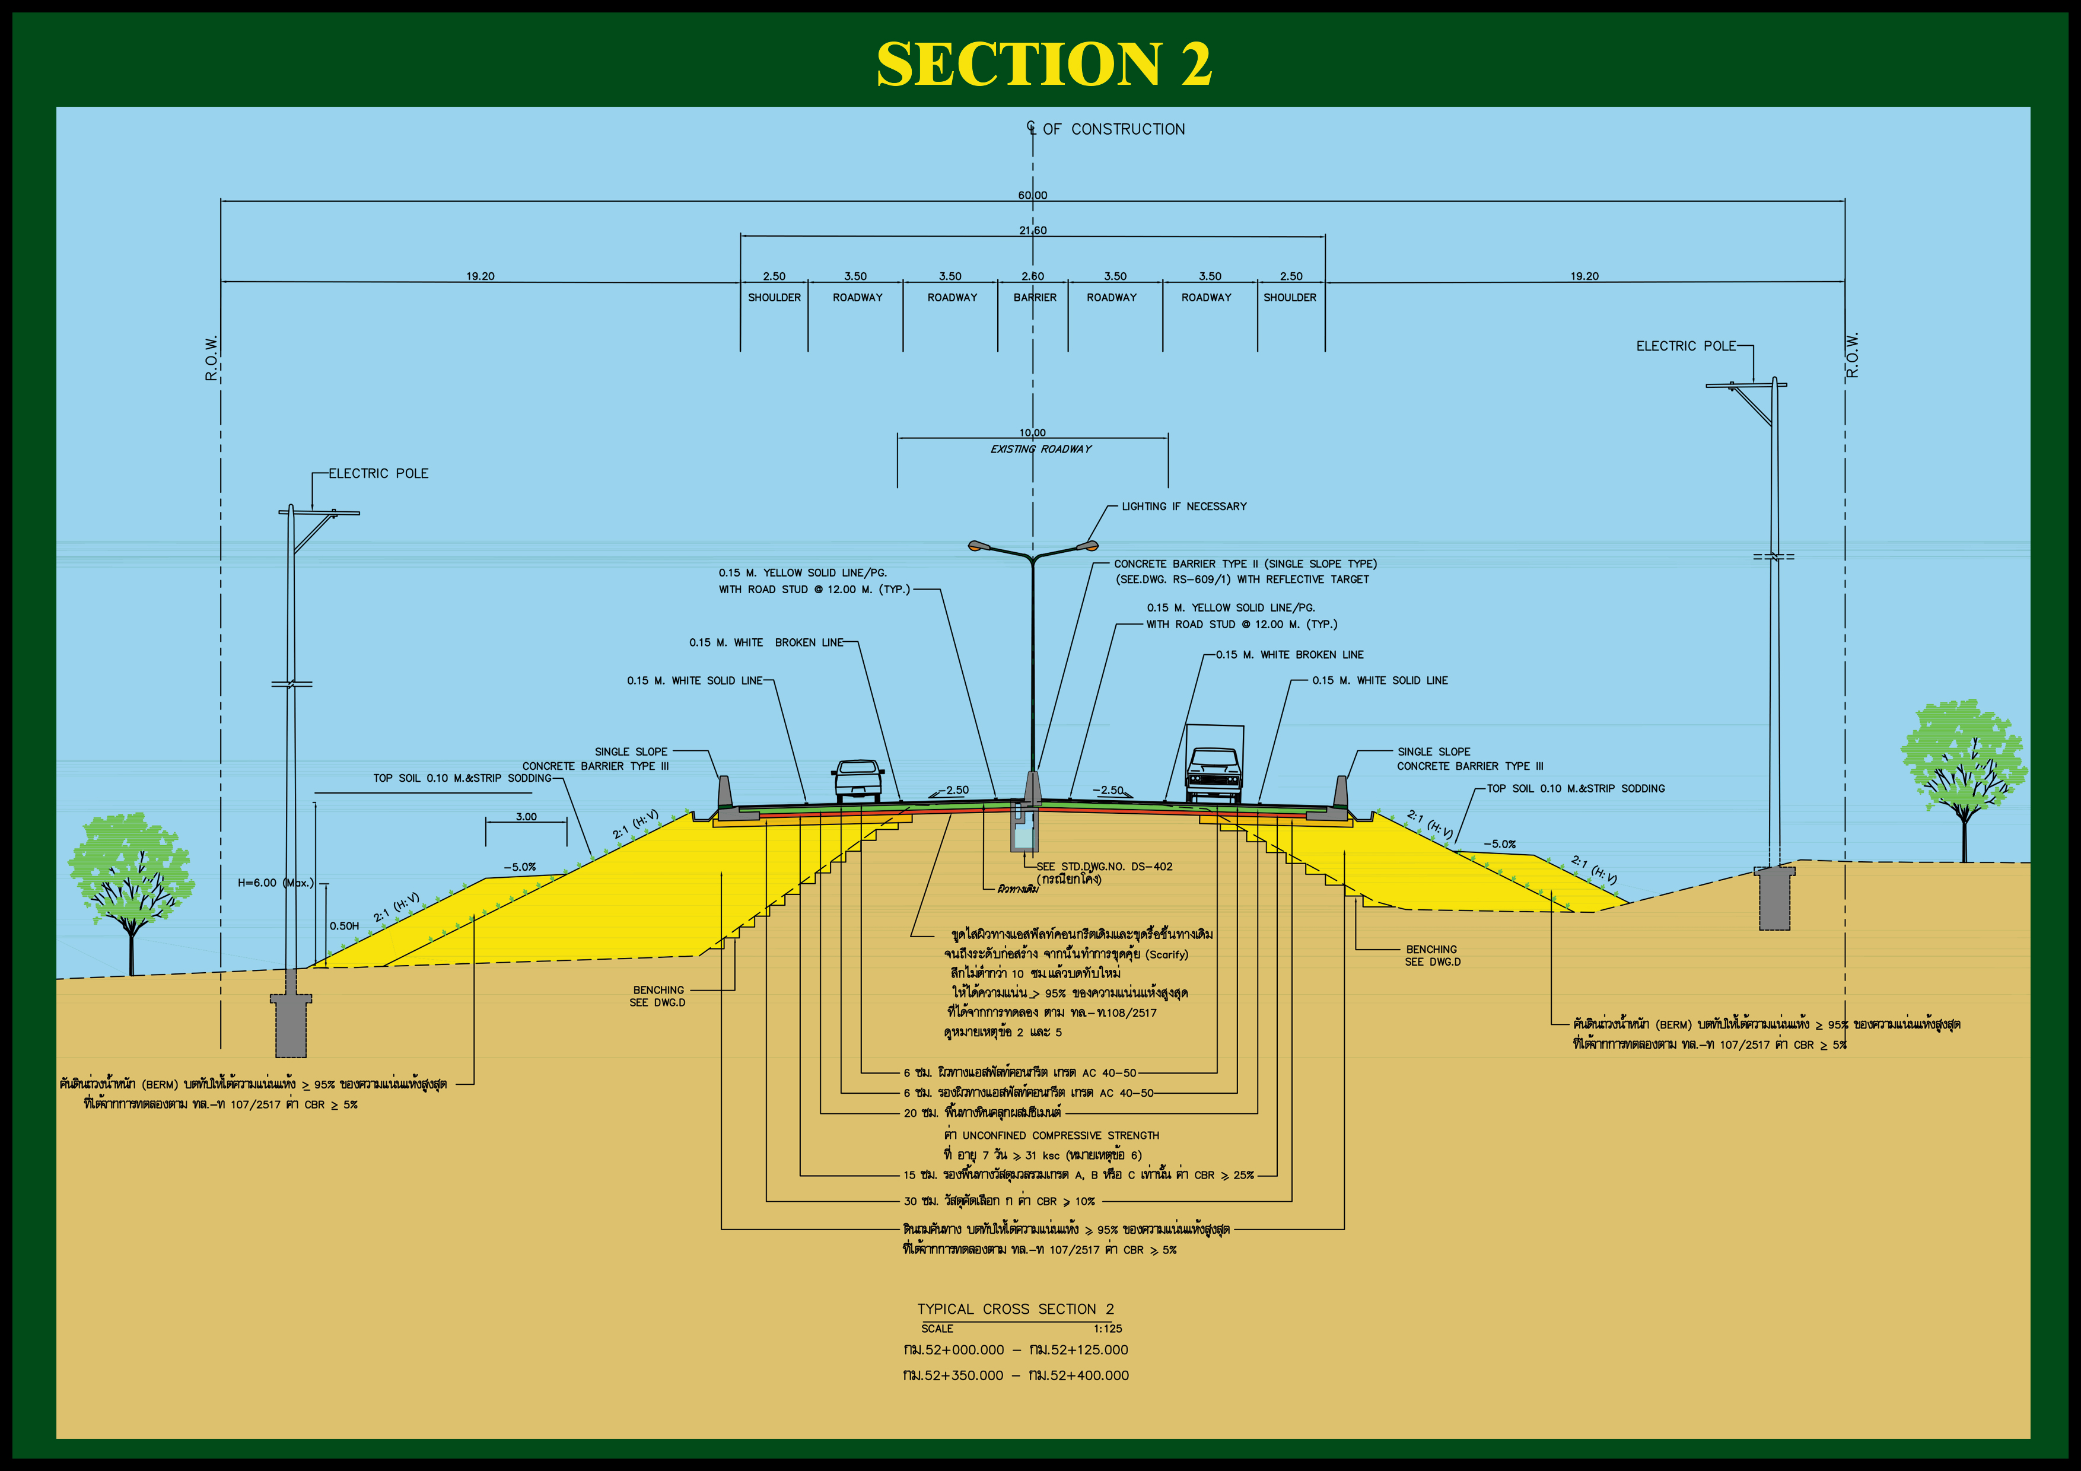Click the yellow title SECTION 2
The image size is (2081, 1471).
point(1042,63)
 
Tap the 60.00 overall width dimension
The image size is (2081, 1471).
point(1032,195)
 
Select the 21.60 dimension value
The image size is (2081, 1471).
point(1032,230)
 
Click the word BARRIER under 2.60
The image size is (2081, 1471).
point(1034,297)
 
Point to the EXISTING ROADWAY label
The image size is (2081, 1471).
point(1040,448)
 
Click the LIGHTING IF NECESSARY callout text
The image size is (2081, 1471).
point(1183,507)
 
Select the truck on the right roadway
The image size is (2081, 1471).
point(1214,766)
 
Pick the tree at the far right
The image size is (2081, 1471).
point(1962,770)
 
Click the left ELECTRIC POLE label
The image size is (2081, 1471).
point(378,473)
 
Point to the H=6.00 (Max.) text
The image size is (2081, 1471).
point(275,883)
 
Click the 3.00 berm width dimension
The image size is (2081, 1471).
point(526,817)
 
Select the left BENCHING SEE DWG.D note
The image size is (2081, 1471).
point(658,996)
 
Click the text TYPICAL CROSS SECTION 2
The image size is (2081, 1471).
point(1015,1308)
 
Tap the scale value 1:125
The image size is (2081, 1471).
point(1107,1329)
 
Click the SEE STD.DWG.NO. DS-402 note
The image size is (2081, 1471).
point(1104,867)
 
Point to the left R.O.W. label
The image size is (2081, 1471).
point(211,358)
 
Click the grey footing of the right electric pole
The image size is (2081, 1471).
point(1774,899)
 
